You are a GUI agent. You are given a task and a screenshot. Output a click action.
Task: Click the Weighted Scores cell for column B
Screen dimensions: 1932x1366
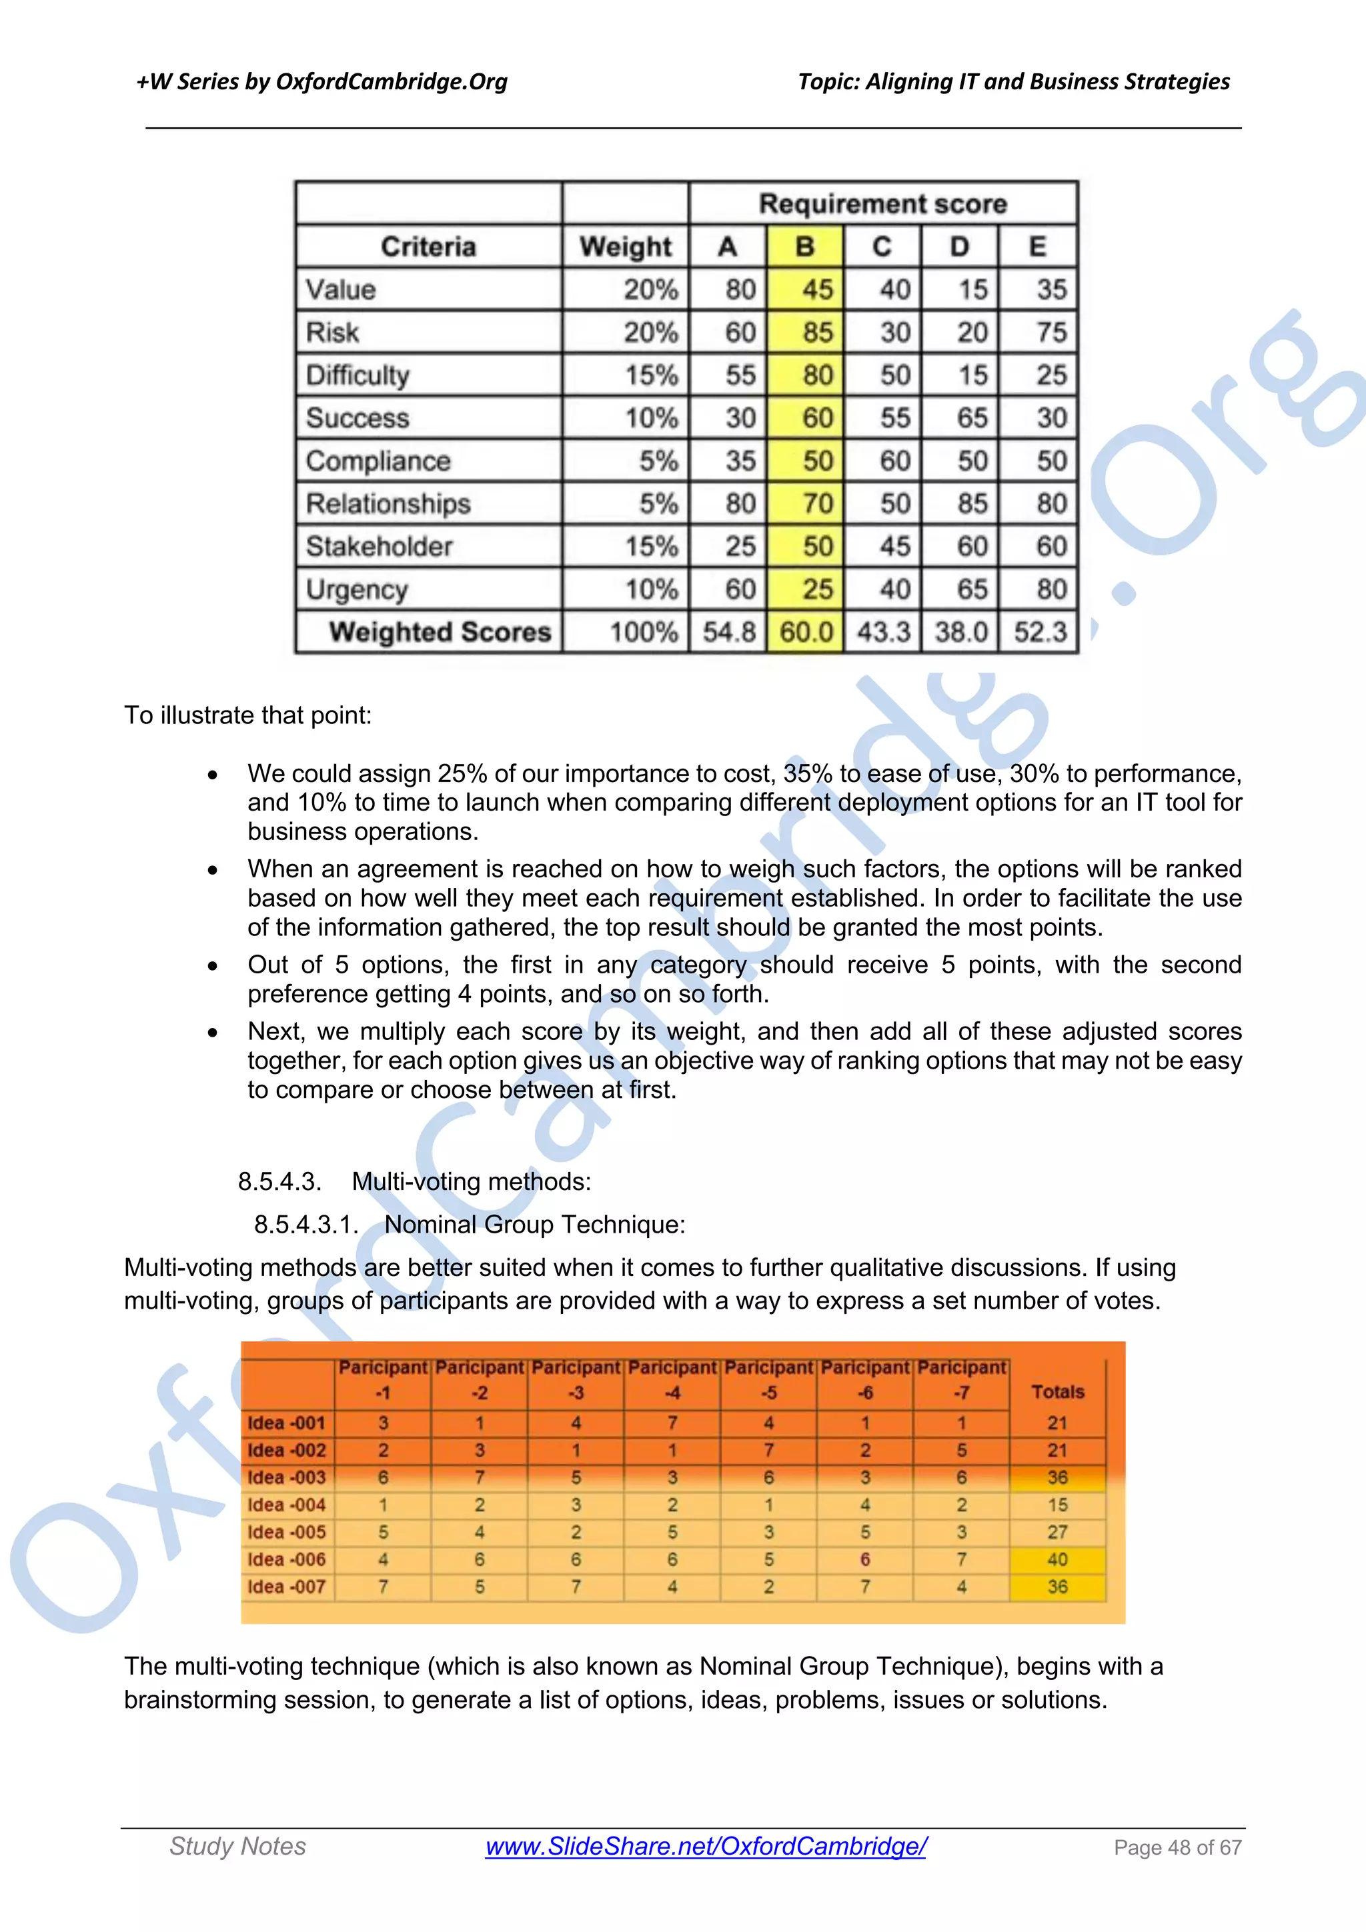point(806,632)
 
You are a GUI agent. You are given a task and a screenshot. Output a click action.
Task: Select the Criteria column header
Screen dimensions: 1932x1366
point(428,247)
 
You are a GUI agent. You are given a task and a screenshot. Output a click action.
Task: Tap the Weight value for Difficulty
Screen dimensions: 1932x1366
point(650,375)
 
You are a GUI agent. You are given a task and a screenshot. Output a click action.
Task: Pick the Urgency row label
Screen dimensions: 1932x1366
point(357,589)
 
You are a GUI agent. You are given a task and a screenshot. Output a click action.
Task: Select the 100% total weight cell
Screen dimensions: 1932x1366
point(643,632)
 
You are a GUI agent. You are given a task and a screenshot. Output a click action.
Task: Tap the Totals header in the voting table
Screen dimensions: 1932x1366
point(1057,1392)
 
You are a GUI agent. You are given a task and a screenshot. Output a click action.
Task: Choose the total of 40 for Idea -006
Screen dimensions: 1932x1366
point(1057,1559)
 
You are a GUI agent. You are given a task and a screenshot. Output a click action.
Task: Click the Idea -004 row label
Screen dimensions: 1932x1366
point(286,1505)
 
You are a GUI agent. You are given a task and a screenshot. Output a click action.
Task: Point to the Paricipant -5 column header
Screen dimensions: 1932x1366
point(768,1380)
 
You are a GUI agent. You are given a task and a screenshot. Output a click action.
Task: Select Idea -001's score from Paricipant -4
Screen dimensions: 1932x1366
point(672,1423)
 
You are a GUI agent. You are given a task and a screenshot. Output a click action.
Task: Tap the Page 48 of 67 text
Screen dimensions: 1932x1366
point(1177,1848)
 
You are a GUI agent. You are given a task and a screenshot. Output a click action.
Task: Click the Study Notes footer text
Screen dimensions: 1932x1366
point(237,1846)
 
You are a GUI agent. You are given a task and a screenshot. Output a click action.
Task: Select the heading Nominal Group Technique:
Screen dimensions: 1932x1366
point(534,1224)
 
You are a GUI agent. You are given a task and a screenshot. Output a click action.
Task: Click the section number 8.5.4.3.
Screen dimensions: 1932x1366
point(279,1181)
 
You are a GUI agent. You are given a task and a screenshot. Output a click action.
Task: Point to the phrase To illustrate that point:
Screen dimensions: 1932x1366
point(247,715)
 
